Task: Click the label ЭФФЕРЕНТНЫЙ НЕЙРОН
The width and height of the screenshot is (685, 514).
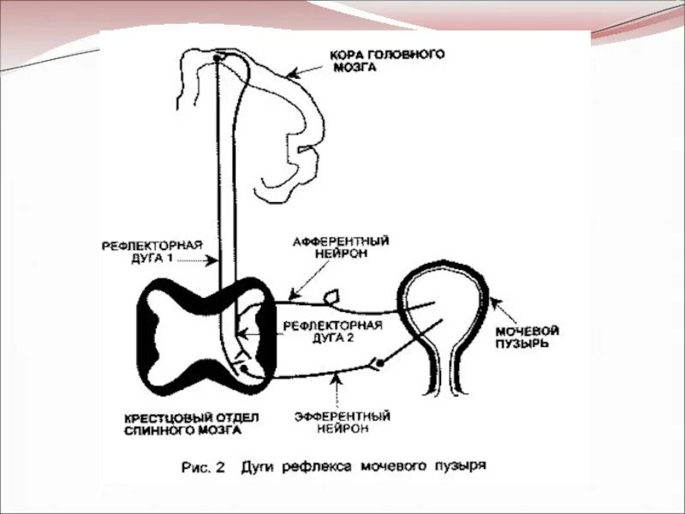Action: coord(342,421)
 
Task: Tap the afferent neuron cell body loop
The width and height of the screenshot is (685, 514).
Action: coord(330,298)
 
